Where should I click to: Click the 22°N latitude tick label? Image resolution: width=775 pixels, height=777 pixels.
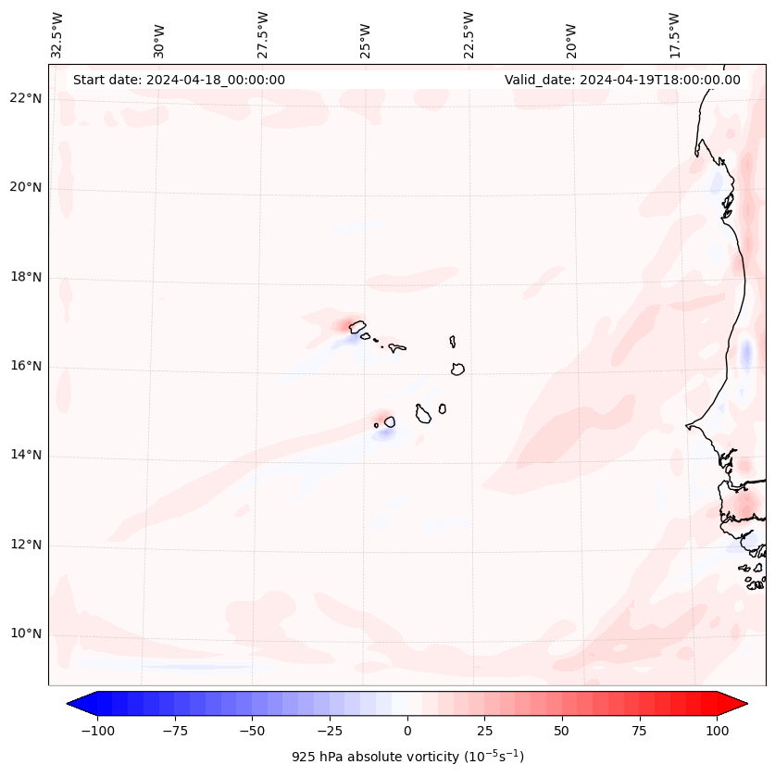pos(25,99)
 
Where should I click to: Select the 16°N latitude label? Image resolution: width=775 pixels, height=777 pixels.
pos(25,367)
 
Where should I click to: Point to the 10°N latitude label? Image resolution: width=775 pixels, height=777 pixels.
pos(25,634)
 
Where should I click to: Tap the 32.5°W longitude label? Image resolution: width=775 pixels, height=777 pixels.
pos(57,34)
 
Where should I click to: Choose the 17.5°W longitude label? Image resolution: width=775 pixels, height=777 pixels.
pos(675,34)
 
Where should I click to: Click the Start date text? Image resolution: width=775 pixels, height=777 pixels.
pos(179,80)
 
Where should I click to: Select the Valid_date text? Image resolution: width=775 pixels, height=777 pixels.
pos(622,80)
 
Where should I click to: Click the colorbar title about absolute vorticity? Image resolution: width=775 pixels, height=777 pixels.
pos(407,757)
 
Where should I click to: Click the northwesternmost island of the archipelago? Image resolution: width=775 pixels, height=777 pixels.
pos(357,326)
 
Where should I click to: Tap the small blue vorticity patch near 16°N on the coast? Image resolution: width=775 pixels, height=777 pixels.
pos(746,353)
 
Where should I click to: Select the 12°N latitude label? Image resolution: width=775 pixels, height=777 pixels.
pos(25,545)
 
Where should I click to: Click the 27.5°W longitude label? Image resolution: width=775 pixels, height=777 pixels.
pos(264,34)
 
